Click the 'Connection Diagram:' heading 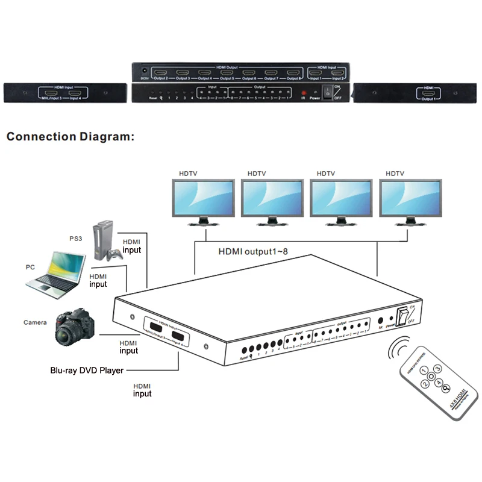pyautogui.click(x=70, y=137)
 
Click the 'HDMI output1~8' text pyautogui.click(x=249, y=251)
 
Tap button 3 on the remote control pyautogui.click(x=438, y=368)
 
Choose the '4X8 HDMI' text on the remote pyautogui.click(x=459, y=399)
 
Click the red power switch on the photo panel pyautogui.click(x=328, y=92)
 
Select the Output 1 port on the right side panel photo pyautogui.click(x=429, y=93)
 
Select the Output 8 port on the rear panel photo pyautogui.click(x=293, y=74)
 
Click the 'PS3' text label pyautogui.click(x=77, y=238)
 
